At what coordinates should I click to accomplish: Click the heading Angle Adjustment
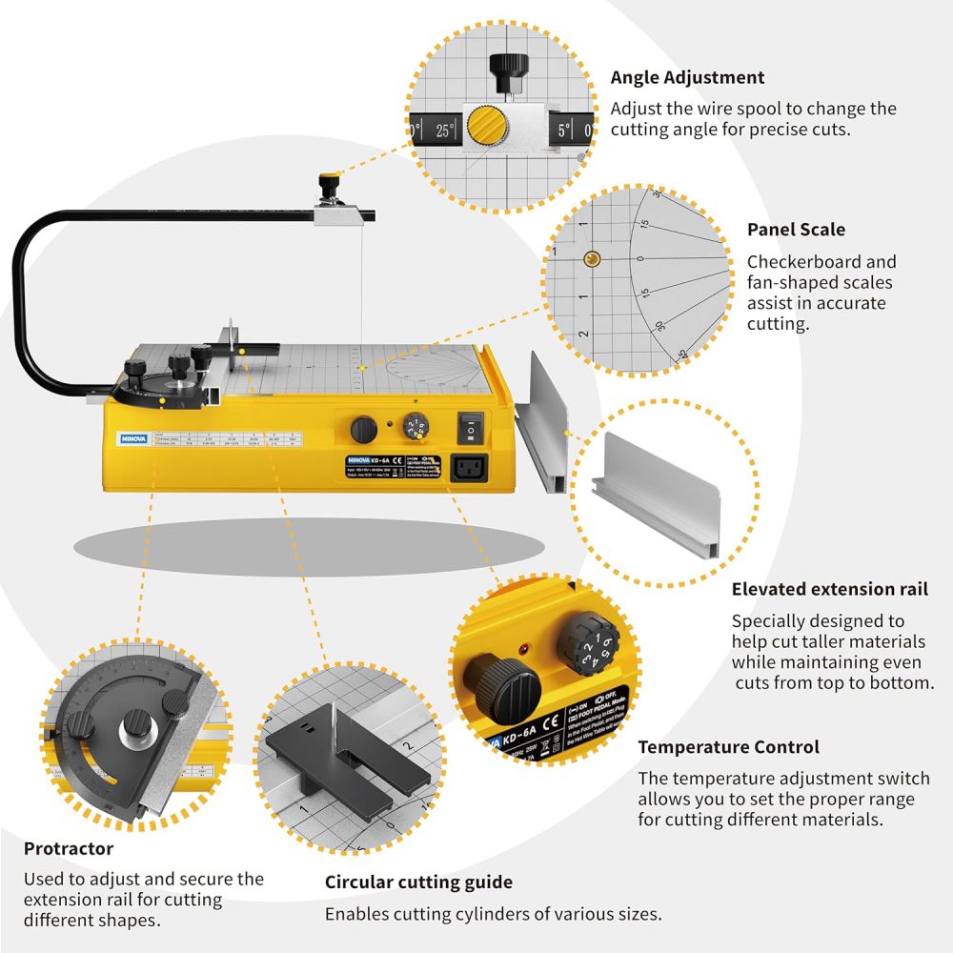click(687, 77)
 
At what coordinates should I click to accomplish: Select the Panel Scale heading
click(796, 230)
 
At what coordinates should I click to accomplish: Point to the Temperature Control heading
click(728, 747)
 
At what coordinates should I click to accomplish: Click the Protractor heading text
click(69, 848)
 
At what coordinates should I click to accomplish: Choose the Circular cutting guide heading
click(418, 882)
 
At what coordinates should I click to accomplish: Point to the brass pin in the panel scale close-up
click(592, 256)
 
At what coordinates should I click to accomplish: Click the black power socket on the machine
click(474, 467)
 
